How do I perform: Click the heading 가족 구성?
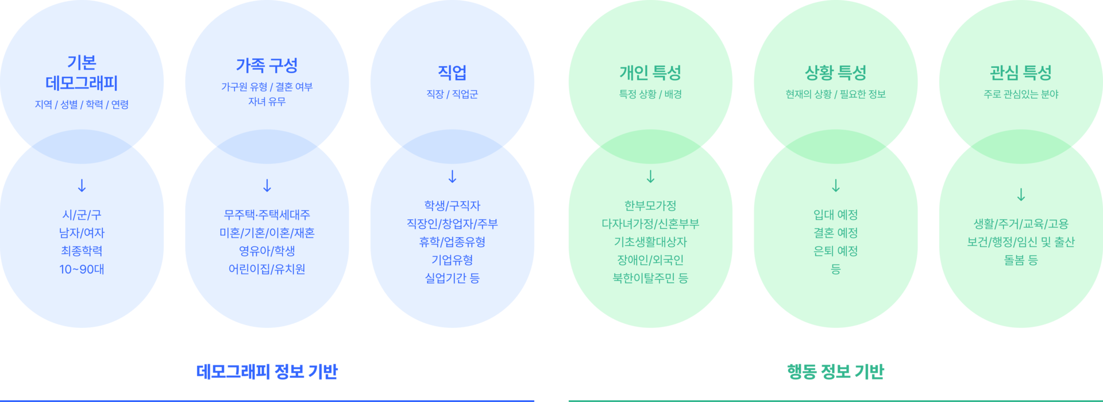point(267,66)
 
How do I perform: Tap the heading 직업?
point(452,72)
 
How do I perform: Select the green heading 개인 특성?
point(650,73)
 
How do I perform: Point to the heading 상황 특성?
point(835,73)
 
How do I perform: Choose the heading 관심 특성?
point(1021,73)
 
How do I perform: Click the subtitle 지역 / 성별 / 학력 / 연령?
point(82,105)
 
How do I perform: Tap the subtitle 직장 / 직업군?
point(452,94)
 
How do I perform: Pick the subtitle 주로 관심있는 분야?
point(1021,94)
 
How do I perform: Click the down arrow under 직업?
point(452,177)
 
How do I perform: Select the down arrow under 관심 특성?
point(1021,195)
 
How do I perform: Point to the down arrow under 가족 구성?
point(267,186)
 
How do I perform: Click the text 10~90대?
point(82,269)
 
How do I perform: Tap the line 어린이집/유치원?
point(267,269)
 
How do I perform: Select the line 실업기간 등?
point(452,278)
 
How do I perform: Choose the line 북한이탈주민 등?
point(650,278)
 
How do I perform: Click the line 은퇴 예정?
point(835,251)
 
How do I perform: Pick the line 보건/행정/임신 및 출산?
point(1021,242)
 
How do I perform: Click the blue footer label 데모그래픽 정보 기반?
point(267,372)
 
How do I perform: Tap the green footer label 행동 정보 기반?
point(835,372)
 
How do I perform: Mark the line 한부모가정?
point(650,206)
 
